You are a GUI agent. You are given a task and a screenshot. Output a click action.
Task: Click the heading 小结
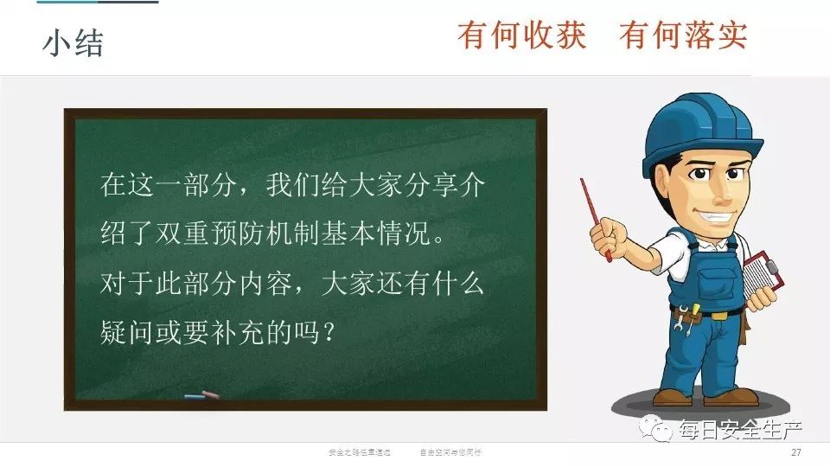pyautogui.click(x=73, y=42)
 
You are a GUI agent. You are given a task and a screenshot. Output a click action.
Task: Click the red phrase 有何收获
pyautogui.click(x=522, y=35)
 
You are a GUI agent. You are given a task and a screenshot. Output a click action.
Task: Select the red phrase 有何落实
pyautogui.click(x=683, y=35)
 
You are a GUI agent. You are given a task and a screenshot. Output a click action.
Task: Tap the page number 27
pyautogui.click(x=796, y=452)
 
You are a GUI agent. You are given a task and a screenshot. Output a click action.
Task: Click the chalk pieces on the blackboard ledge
pyautogui.click(x=201, y=397)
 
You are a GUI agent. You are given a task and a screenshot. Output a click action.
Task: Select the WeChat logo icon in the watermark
pyautogui.click(x=661, y=427)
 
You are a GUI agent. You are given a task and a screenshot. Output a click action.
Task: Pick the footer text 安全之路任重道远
pyautogui.click(x=361, y=452)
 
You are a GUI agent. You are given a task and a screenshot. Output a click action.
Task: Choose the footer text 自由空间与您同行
pyautogui.click(x=451, y=452)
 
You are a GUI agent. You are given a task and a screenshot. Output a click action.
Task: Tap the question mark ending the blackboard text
pyautogui.click(x=327, y=333)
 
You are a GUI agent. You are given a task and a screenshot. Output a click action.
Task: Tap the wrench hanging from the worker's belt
pyautogui.click(x=684, y=316)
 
